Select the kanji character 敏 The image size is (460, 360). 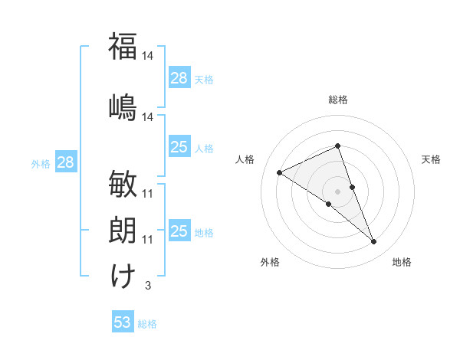(123, 185)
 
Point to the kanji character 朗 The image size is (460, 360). (123, 231)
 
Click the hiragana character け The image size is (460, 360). (123, 276)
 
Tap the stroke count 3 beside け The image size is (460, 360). (147, 286)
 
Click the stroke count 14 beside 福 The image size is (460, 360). (148, 56)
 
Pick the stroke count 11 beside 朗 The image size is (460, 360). (148, 240)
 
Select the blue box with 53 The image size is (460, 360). (123, 322)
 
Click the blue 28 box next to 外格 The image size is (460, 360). (65, 162)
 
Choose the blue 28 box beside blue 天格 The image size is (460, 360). (179, 78)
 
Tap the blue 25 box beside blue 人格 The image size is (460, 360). (179, 147)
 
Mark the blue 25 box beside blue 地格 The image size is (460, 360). (179, 231)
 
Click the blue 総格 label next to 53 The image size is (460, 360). (147, 324)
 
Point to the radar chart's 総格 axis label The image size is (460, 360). (338, 100)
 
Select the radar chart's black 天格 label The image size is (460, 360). (431, 159)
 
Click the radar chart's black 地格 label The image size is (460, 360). (402, 263)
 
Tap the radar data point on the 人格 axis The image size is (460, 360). (279, 173)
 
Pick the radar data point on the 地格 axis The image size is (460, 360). (374, 242)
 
